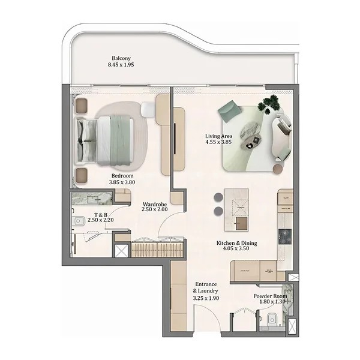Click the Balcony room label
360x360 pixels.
[121, 58]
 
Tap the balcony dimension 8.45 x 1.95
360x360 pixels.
[121, 65]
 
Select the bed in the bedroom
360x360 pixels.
[106, 140]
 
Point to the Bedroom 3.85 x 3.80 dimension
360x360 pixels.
[122, 182]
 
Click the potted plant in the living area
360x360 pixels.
[269, 104]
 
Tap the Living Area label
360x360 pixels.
[218, 136]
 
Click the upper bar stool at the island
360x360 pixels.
[218, 197]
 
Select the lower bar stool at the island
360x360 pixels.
[218, 211]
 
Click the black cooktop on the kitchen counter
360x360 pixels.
[285, 236]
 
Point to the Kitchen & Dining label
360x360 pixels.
[237, 243]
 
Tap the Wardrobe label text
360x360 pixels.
[155, 204]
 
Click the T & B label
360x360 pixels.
[101, 215]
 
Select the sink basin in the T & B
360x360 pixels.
[77, 221]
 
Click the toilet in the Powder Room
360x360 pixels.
[272, 319]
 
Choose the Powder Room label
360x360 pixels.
[270, 296]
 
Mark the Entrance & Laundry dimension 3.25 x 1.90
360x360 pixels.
[206, 298]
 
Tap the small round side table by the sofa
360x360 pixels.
[278, 169]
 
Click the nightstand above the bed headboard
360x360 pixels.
[81, 106]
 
